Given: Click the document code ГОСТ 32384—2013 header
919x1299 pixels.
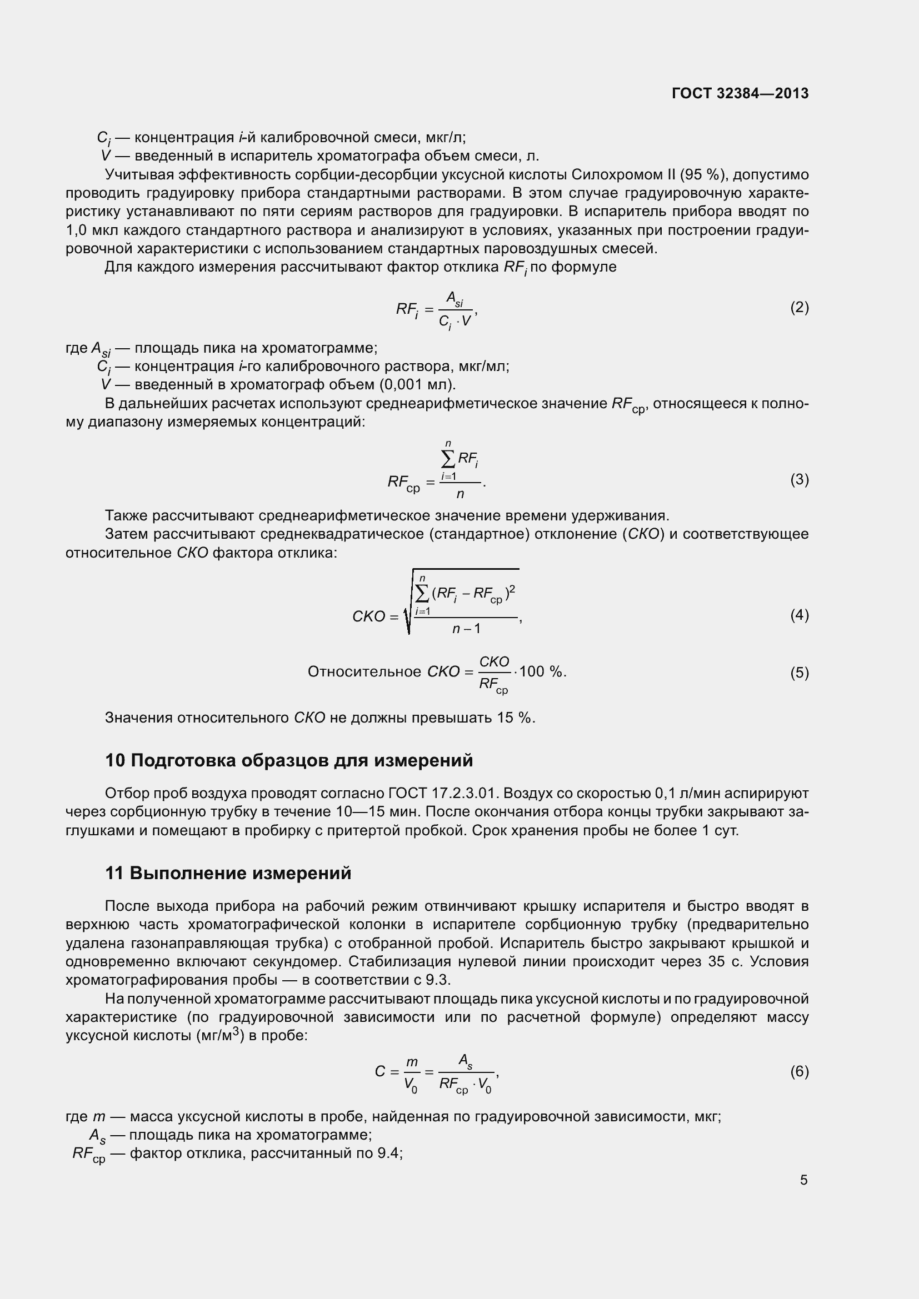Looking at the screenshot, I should pyautogui.click(x=740, y=93).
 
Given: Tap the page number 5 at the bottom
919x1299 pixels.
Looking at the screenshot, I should pyautogui.click(x=803, y=1180).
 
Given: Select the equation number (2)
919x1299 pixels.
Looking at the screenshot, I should pyautogui.click(x=799, y=307).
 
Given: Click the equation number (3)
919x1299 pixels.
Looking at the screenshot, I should pyautogui.click(x=799, y=479).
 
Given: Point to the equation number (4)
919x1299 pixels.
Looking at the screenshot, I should pyautogui.click(x=799, y=614).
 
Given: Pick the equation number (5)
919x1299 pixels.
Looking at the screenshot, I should pyautogui.click(x=799, y=672).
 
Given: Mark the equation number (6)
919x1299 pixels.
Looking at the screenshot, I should pyautogui.click(x=799, y=1071).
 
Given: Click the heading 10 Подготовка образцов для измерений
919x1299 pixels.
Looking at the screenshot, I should pyautogui.click(x=288, y=760).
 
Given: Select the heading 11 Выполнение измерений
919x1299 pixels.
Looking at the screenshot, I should pyautogui.click(x=228, y=873).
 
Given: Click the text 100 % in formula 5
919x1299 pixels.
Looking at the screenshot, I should pyautogui.click(x=542, y=671).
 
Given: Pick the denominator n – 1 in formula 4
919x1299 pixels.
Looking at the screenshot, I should pyautogui.click(x=466, y=629).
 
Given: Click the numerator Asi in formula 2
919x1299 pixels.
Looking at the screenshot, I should pyautogui.click(x=454, y=298).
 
